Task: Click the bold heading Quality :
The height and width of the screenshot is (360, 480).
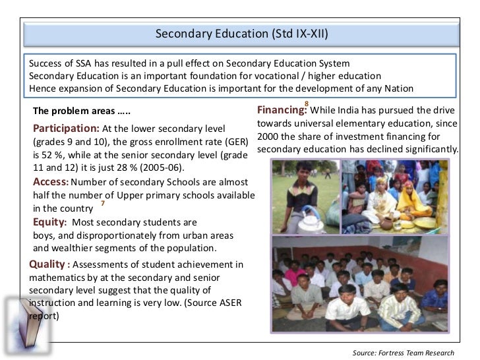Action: tap(49, 264)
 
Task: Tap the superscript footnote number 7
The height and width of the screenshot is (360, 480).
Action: tap(102, 203)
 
